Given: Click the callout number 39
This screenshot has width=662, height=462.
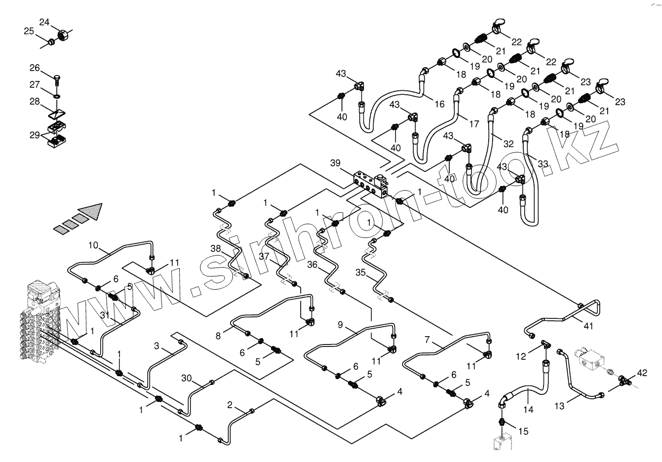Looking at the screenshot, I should [335, 163].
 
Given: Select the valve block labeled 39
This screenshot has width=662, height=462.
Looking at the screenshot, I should [370, 183].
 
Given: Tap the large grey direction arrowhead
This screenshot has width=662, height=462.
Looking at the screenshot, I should [93, 211].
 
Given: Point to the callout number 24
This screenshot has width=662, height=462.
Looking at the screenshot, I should [44, 22].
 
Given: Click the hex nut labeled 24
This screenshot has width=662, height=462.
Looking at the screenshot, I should [63, 35].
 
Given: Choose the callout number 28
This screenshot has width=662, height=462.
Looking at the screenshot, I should [34, 101].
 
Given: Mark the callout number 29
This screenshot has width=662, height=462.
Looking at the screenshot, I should [34, 135].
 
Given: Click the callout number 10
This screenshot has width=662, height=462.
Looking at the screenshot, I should [94, 245].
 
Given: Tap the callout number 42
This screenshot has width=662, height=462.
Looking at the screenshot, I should [641, 373].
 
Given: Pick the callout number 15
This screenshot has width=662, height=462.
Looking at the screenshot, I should [523, 431].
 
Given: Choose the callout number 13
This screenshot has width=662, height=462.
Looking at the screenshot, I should [559, 406].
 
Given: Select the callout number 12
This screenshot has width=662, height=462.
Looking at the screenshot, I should [521, 356].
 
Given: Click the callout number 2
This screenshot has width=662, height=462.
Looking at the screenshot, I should [230, 405].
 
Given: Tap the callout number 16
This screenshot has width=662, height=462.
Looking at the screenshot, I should [439, 104].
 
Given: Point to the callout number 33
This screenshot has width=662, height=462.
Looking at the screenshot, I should [543, 163].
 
